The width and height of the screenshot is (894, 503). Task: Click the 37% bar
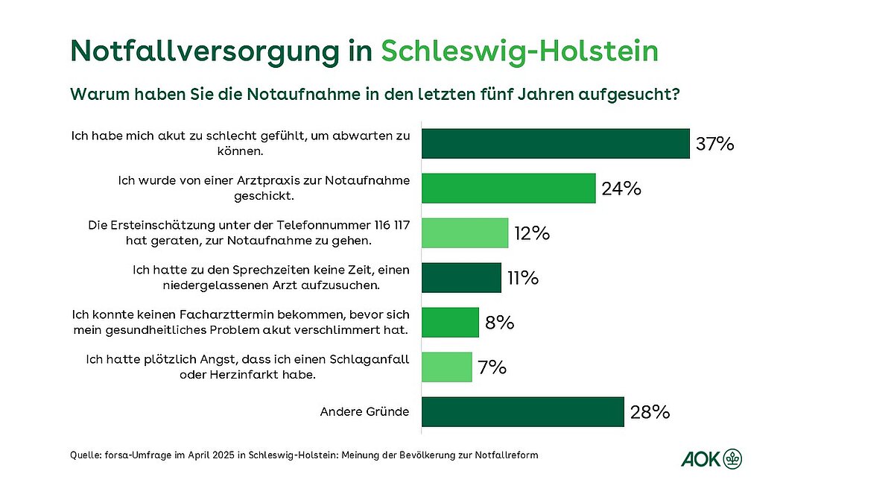555,143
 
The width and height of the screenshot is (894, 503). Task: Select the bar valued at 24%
509,189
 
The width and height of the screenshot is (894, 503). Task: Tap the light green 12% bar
465,233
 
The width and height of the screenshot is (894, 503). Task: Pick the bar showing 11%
461,277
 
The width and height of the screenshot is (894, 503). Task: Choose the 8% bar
450,322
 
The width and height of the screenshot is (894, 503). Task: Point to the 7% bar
447,367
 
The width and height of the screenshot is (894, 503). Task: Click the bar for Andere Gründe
522,411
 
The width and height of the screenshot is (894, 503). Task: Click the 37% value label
715,144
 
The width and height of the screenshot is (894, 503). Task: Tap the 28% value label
650,411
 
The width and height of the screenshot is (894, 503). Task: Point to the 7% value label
492,367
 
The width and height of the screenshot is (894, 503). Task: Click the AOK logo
712,459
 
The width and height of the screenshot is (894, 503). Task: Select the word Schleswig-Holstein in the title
520,51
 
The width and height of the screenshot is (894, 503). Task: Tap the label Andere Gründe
365,411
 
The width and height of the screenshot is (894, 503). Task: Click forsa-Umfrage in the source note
142,455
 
